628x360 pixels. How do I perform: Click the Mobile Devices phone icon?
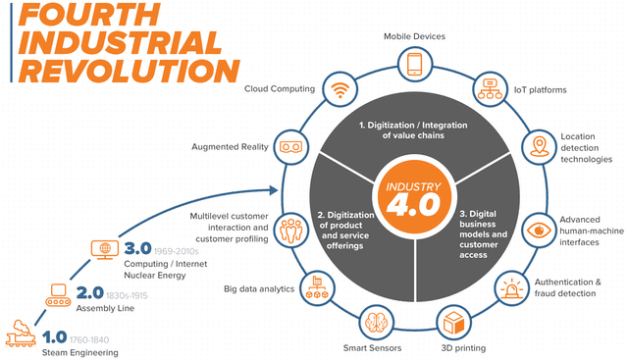click(x=414, y=65)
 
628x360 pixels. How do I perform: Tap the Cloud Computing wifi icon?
click(x=340, y=89)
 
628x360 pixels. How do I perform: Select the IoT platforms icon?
click(x=490, y=89)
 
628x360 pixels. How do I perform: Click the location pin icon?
click(x=539, y=146)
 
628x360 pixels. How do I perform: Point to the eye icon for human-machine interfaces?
click(x=539, y=231)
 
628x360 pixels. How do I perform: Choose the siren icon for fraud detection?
click(x=511, y=288)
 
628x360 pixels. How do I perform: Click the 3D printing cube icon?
click(x=453, y=323)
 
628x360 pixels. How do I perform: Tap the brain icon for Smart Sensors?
click(x=376, y=322)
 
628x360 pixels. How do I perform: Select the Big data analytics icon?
click(x=317, y=288)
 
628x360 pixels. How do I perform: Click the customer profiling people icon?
click(x=291, y=230)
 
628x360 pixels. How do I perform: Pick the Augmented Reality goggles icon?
click(x=290, y=147)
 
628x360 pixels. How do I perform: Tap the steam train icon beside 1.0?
click(x=21, y=334)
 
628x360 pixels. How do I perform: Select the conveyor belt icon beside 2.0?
click(x=58, y=295)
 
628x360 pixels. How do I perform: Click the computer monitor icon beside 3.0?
click(x=105, y=250)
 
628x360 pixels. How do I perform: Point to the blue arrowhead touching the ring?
click(x=274, y=190)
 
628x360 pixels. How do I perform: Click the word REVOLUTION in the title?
click(x=130, y=71)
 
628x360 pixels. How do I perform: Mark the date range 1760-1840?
click(x=89, y=340)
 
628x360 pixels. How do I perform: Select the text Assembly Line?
click(x=105, y=308)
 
